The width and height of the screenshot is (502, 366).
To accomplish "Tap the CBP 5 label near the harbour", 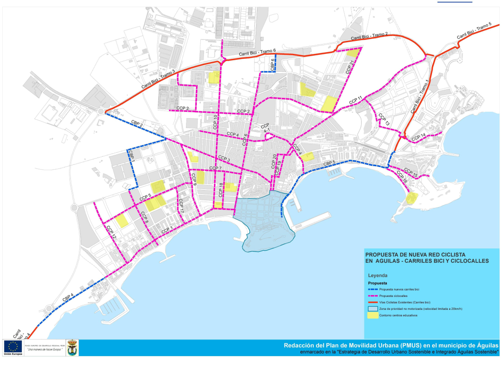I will coord(329,163).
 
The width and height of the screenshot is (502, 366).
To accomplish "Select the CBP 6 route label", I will coord(272,65).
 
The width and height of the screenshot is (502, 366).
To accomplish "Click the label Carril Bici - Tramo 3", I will coord(158,79).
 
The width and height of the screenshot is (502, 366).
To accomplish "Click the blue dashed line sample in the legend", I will coord(372,290).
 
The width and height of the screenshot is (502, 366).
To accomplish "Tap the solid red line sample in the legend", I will coord(372,303).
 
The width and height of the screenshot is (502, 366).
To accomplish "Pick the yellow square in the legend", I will coord(372,315).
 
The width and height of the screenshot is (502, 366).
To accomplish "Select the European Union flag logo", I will coord(13,346).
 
